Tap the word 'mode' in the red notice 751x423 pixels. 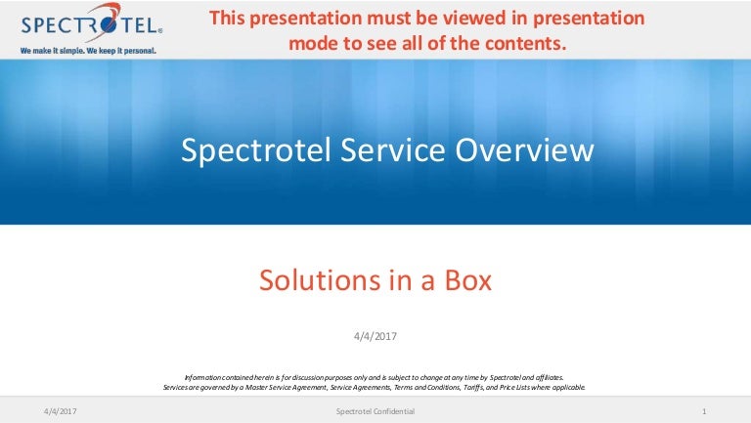(312, 43)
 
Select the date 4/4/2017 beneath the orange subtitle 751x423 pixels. (375, 336)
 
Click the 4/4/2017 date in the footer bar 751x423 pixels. (61, 411)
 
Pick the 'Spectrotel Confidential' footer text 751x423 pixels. (375, 411)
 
